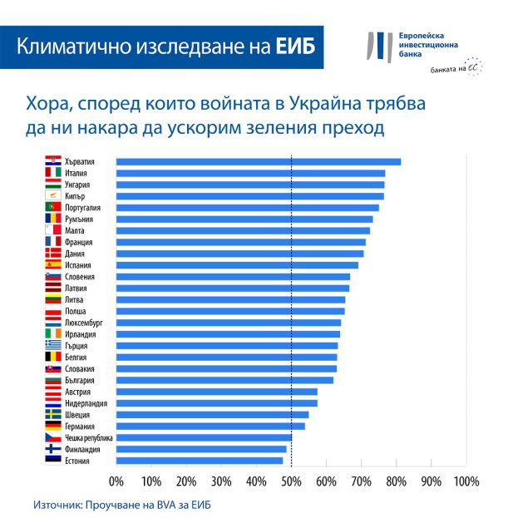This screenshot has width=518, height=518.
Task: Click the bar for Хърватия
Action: (x=258, y=162)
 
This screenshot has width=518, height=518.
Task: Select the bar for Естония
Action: (x=200, y=460)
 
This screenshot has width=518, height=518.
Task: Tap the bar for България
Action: (x=224, y=380)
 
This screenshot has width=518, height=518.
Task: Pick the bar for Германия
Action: (x=210, y=426)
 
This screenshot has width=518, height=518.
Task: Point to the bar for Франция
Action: (x=240, y=242)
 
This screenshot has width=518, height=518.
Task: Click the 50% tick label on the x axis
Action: (x=291, y=481)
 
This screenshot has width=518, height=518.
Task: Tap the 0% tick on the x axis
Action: (x=116, y=481)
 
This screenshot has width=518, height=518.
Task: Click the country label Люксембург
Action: (x=83, y=323)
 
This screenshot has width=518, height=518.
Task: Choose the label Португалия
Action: (x=81, y=208)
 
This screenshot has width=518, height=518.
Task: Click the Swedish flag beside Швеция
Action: (x=52, y=414)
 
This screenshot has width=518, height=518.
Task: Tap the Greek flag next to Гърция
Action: (x=52, y=345)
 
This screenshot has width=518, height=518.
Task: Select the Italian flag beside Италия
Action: (x=52, y=173)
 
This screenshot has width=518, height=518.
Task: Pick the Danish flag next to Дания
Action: (x=52, y=254)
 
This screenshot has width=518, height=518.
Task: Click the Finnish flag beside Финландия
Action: (x=52, y=449)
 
